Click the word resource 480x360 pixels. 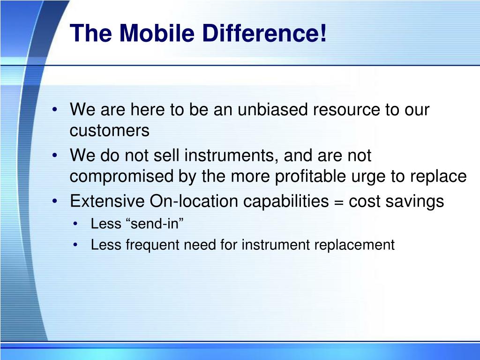click(x=347, y=110)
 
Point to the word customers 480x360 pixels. click(x=109, y=131)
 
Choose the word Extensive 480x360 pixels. click(x=107, y=201)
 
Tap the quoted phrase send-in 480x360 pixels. click(x=154, y=224)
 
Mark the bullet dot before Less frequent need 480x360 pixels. click(x=76, y=245)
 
